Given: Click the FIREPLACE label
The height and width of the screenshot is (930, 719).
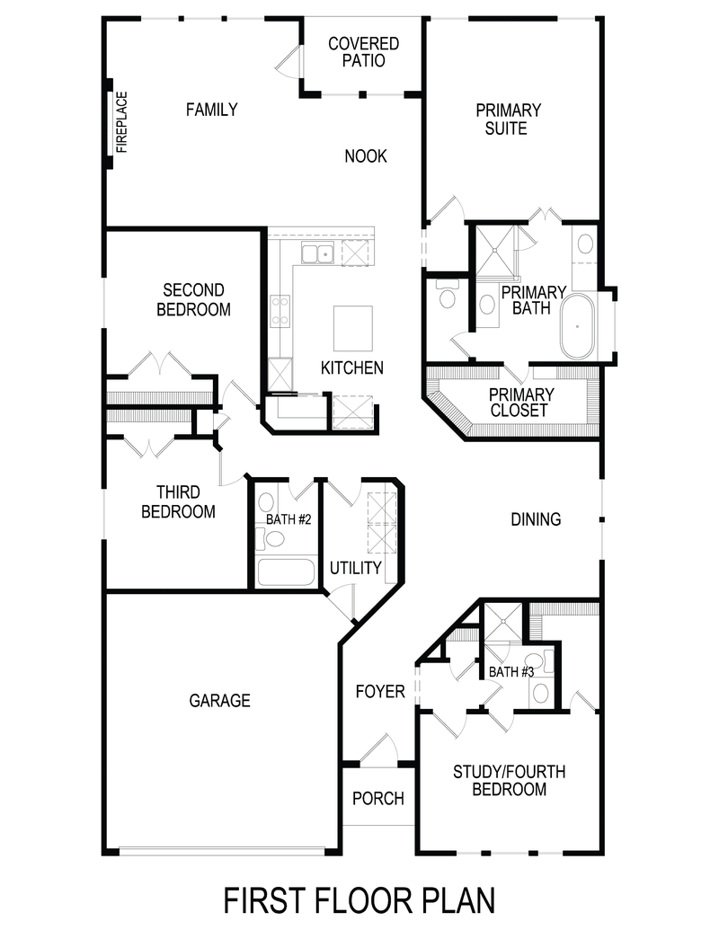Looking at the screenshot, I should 121,122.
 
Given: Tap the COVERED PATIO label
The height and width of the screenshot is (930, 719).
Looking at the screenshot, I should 363,52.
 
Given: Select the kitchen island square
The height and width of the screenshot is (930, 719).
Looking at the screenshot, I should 353,328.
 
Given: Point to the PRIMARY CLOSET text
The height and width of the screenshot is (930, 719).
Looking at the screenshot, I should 521,403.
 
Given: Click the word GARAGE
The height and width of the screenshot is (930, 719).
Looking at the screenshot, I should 219,701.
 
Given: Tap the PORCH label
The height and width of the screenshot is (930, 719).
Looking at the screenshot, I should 377,798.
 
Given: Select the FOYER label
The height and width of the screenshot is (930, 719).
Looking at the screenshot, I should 380,692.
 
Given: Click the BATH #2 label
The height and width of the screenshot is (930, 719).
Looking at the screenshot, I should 288,519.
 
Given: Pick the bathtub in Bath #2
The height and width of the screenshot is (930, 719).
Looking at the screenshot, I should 285,572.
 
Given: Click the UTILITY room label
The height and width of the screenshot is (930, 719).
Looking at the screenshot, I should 356,568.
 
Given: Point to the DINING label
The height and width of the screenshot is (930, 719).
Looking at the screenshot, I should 536,519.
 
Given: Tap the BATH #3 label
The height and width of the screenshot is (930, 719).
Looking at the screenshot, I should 511,672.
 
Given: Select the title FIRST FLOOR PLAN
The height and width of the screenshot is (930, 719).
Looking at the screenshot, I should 359,899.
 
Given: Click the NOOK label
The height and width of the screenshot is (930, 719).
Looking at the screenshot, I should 366,156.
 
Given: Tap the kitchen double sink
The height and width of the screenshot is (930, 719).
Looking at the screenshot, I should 316,253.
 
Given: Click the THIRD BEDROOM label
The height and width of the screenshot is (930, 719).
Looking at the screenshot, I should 185,502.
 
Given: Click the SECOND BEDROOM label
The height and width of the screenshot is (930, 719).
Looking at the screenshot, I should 193,300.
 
